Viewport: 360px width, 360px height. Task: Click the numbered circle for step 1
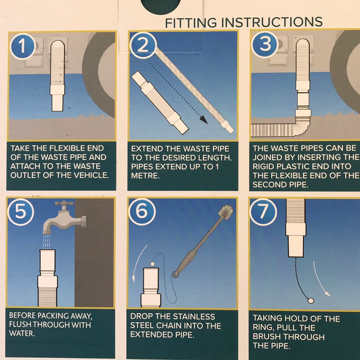point(22,46)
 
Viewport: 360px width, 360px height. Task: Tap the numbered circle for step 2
point(143,45)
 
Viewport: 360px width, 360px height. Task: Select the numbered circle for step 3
point(265,44)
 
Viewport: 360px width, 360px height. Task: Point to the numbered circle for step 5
point(21,212)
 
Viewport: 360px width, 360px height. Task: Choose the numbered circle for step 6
point(142,212)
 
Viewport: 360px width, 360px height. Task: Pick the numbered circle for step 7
point(263,212)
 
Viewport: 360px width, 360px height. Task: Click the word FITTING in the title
point(191,23)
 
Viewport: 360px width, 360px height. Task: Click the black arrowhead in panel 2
point(204,120)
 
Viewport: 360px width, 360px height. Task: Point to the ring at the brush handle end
point(175,274)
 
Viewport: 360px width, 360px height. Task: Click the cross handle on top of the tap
point(64,204)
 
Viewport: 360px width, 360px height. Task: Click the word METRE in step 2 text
point(145,176)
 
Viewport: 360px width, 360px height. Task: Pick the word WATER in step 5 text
point(22,333)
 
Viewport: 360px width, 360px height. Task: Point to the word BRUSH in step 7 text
point(267,337)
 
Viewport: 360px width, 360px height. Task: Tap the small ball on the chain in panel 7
point(311,301)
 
